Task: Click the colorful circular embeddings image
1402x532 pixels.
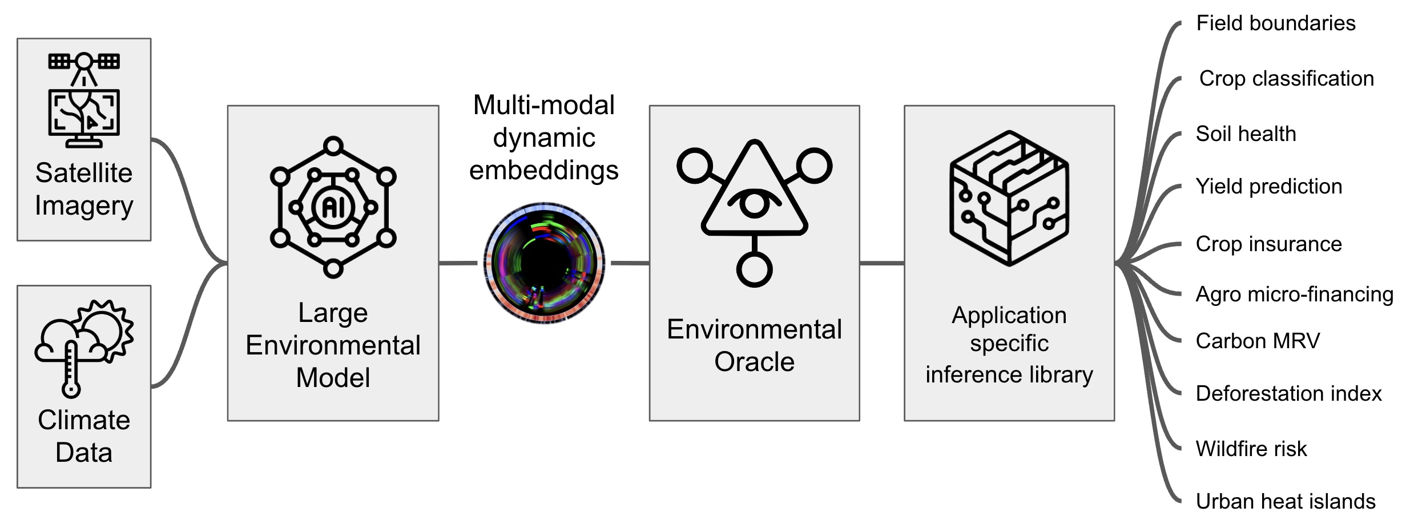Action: coord(544,263)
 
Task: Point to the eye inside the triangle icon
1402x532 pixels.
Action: coord(754,203)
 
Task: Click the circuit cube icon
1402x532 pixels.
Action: coord(1009,198)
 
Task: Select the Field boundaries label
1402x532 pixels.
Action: coord(1275,23)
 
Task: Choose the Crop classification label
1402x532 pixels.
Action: coord(1286,79)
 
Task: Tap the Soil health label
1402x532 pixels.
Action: coord(1246,134)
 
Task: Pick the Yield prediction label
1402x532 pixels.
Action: coord(1268,187)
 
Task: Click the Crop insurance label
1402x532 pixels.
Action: coord(1268,244)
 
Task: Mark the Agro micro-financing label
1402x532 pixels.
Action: coord(1294,295)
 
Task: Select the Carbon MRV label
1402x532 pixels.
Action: coord(1258,341)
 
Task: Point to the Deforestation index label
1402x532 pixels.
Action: coord(1288,394)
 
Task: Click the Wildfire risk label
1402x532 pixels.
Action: coord(1251,449)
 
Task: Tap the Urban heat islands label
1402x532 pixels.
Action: coord(1285,502)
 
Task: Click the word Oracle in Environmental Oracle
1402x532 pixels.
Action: coord(754,362)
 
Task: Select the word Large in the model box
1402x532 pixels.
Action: coord(333,313)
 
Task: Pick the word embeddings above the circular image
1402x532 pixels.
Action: coord(543,170)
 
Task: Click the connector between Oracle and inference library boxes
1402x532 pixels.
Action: coord(882,263)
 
